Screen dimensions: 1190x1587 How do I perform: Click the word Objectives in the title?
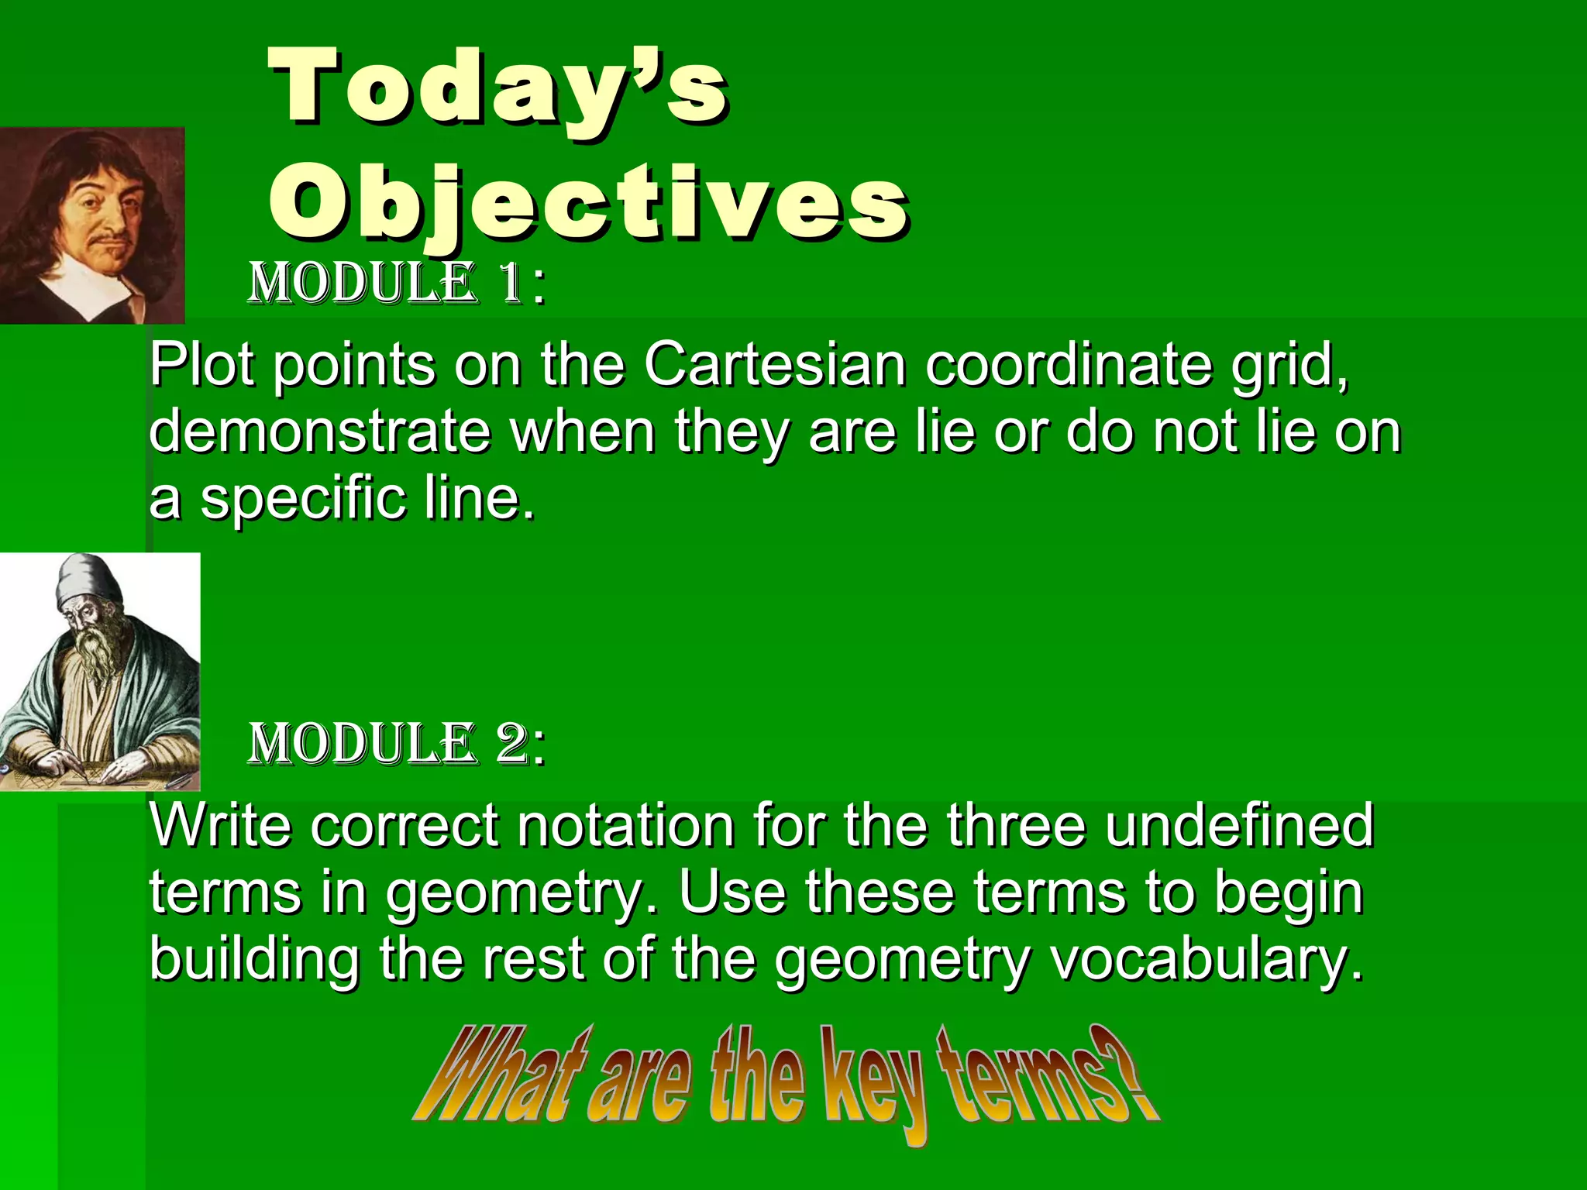(589, 203)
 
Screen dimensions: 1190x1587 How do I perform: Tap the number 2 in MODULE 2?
(511, 744)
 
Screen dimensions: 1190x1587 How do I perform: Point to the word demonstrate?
(319, 432)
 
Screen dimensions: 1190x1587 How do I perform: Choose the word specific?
(302, 499)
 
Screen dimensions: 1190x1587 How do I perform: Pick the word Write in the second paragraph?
(220, 826)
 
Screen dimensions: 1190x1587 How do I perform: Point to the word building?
(254, 959)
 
